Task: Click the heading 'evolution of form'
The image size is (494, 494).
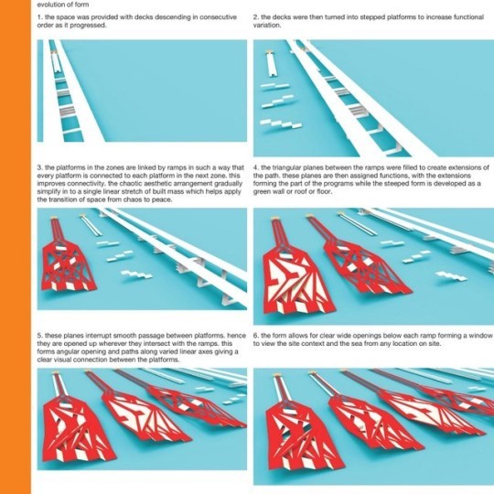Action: click(63, 5)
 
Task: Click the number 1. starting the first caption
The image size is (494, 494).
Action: click(39, 17)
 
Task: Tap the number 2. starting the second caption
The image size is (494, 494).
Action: click(256, 17)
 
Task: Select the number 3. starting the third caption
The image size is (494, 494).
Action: click(40, 167)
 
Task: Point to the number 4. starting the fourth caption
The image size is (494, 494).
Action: click(256, 167)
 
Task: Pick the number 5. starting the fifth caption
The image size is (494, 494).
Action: click(40, 336)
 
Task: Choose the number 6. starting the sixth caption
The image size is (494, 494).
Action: click(256, 336)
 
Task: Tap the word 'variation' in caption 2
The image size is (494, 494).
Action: click(266, 26)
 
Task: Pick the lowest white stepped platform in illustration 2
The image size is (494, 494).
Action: click(281, 123)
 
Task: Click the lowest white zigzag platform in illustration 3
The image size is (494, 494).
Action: click(137, 274)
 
